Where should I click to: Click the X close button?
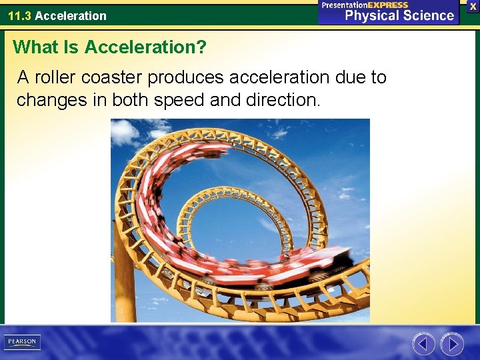(473, 6)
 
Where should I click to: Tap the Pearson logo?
(22, 342)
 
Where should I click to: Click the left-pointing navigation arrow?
(423, 344)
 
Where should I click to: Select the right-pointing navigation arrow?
(452, 344)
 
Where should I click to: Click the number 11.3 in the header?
(19, 15)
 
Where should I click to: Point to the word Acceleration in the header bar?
(71, 15)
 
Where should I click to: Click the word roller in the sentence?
(55, 78)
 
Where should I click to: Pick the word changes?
(49, 100)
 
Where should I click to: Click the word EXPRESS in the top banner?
(387, 5)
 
